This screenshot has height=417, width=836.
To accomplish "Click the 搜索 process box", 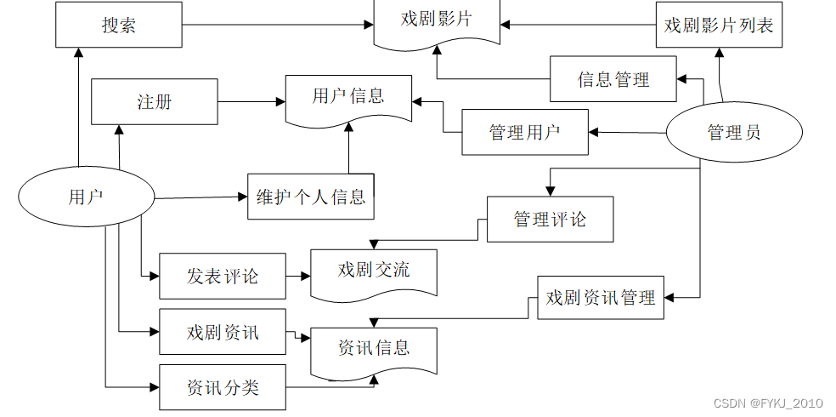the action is coord(119,25).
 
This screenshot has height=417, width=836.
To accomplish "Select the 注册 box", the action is coord(155,101).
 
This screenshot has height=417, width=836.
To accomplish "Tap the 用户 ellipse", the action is coord(87,197).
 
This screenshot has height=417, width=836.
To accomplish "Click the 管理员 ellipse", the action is coord(734,132).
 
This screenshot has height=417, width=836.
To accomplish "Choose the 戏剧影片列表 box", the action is coord(719,25).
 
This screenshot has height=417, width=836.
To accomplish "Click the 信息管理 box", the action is coord(613,79).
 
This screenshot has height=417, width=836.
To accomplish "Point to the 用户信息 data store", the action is coord(348,100).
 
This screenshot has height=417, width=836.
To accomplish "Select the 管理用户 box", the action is coord(525,133).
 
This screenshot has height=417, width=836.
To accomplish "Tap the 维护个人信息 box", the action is coord(311,196).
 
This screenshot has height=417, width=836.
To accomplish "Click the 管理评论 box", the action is coord(551,219).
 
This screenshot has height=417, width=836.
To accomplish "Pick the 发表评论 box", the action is coord(223,276).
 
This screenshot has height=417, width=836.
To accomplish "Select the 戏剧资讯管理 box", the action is coord(601,297).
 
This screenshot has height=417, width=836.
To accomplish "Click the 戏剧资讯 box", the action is coord(223,332).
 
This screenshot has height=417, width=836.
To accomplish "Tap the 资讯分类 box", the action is coord(223,387).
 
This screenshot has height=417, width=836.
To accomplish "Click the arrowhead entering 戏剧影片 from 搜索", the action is coord(369,24).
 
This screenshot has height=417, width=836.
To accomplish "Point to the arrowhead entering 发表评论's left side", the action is coord(155,276).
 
